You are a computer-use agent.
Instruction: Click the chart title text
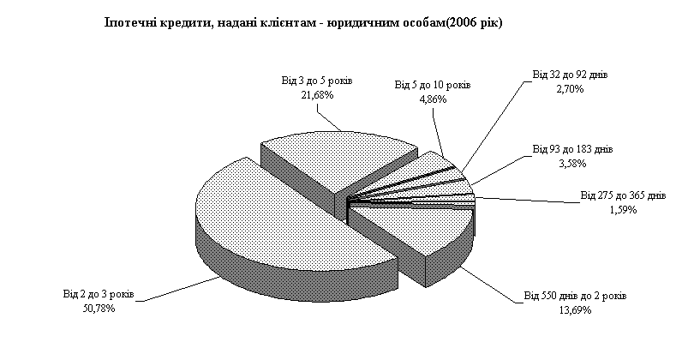tap(303, 22)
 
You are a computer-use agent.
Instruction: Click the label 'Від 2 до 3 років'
tap(99, 294)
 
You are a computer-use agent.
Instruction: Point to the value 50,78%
tap(99, 309)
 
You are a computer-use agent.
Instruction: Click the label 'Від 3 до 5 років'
tap(317, 81)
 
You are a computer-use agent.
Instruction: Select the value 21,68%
tap(317, 95)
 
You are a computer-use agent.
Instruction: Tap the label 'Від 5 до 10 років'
tap(433, 85)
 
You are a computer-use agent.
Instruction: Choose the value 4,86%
tap(433, 99)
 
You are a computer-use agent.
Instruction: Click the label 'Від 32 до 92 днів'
tap(571, 75)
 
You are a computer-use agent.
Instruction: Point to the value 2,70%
tap(571, 89)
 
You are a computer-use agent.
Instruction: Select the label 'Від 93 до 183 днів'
tap(573, 149)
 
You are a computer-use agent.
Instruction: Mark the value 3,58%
tap(573, 164)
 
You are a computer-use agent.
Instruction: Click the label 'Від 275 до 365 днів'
tap(623, 195)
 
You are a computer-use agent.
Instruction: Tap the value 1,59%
tap(623, 210)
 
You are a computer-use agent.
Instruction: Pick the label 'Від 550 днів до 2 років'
tap(575, 296)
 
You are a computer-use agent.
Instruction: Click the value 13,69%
tap(575, 310)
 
